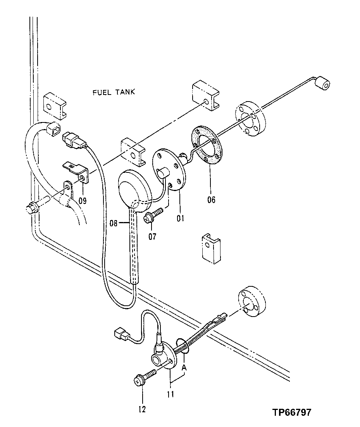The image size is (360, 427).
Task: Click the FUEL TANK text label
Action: tap(114, 92)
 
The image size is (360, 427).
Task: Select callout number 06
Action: tap(211, 200)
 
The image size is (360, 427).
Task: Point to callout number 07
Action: tap(152, 236)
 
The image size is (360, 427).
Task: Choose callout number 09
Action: tap(82, 201)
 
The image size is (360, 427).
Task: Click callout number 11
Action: tap(170, 394)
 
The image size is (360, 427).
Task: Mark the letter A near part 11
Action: tap(184, 367)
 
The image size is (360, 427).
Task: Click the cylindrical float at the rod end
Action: tap(322, 83)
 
